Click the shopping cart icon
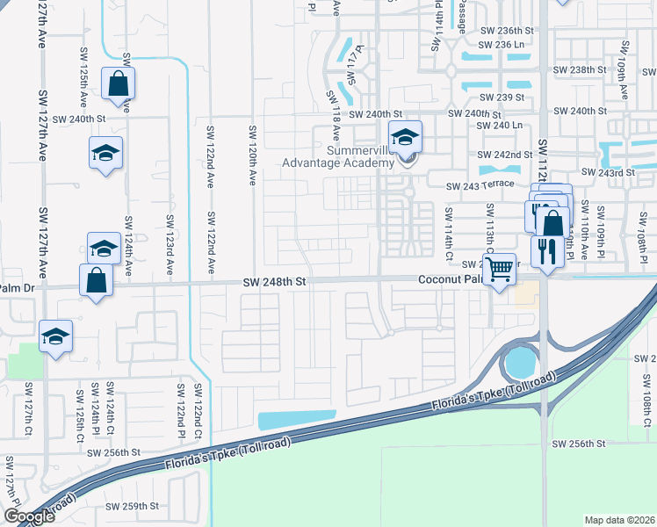[x=500, y=267]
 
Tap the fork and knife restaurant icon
[x=547, y=252]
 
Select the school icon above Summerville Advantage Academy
[x=405, y=137]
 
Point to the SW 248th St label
[x=274, y=282]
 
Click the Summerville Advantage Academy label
[x=337, y=156]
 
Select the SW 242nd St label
[x=505, y=155]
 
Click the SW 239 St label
[x=501, y=97]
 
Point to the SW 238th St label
[x=581, y=69]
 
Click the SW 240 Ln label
[x=499, y=126]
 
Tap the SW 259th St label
[x=132, y=506]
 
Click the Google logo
[x=29, y=516]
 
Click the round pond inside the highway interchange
[x=519, y=360]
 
